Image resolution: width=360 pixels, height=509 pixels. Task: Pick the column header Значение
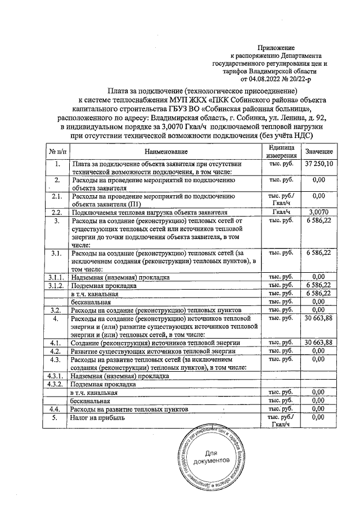tap(319, 152)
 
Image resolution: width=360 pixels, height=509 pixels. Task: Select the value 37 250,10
tap(319, 164)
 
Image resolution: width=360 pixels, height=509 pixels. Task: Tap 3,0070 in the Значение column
tap(319, 213)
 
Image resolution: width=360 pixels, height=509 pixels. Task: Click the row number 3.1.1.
tap(57, 277)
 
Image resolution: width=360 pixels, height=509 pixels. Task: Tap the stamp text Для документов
tap(210, 457)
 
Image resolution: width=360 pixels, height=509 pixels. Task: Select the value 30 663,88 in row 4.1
tap(319, 342)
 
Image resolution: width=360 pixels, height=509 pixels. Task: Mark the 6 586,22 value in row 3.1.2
tap(319, 285)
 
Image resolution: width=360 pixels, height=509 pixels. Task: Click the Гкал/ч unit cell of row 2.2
tap(280, 213)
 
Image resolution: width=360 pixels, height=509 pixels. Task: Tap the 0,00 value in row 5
tap(319, 417)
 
